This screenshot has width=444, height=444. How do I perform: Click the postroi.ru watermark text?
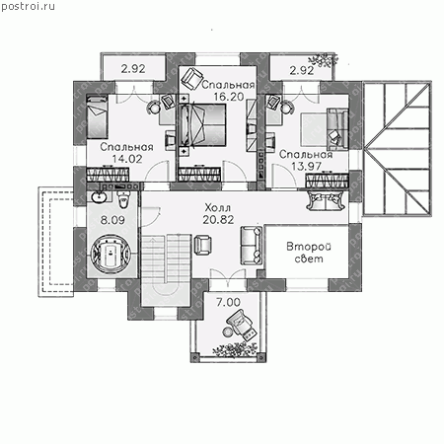point(28,7)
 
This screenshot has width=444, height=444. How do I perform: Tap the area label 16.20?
point(229,97)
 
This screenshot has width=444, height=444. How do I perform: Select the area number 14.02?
point(127,159)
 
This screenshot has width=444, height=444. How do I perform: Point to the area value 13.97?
point(306,166)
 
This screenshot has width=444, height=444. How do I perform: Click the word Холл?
point(218,208)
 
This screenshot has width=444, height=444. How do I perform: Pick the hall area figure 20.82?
point(218,219)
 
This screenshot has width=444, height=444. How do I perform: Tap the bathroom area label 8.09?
point(112,220)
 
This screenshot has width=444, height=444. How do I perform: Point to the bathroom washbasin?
point(98,197)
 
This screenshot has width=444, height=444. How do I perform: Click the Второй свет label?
point(309,253)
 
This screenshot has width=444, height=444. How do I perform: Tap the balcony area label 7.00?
point(228,302)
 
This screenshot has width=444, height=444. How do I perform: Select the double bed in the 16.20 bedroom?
point(202,125)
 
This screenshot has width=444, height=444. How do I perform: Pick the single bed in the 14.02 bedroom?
point(97,116)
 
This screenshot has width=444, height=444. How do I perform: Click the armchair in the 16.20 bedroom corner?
point(192,78)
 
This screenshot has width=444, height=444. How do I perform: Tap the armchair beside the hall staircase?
point(203,245)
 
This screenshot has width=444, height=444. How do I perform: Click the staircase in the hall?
point(166,269)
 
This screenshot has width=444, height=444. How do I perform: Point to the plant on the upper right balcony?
point(323,60)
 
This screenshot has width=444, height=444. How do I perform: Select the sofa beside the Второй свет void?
point(252,245)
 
